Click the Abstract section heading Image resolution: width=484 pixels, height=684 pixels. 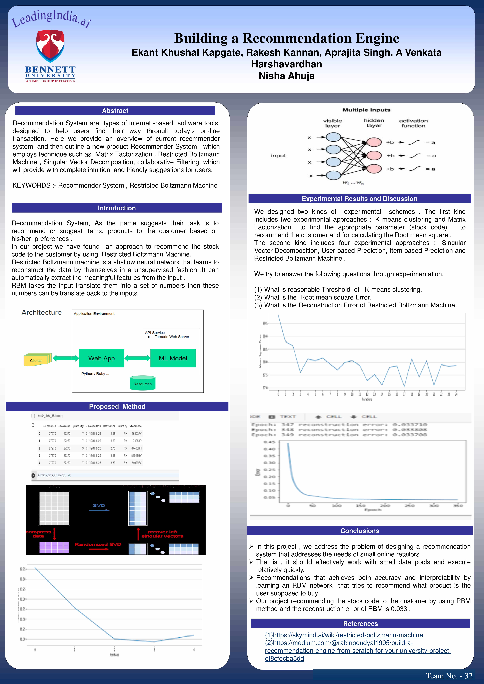115,111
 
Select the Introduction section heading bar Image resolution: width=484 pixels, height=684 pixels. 117,208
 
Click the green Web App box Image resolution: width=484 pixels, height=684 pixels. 101,358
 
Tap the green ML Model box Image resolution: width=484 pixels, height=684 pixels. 173,358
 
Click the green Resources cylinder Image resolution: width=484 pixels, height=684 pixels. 142,383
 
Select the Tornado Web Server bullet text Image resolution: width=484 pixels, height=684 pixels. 172,337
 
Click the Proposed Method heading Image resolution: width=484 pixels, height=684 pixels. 117,406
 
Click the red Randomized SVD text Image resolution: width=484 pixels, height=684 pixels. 98,544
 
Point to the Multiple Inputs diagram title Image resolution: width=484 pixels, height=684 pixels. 366,110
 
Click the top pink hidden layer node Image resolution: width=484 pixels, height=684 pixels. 374,142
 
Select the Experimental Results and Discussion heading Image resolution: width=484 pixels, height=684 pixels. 359,199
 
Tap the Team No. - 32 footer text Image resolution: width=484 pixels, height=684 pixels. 449,676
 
